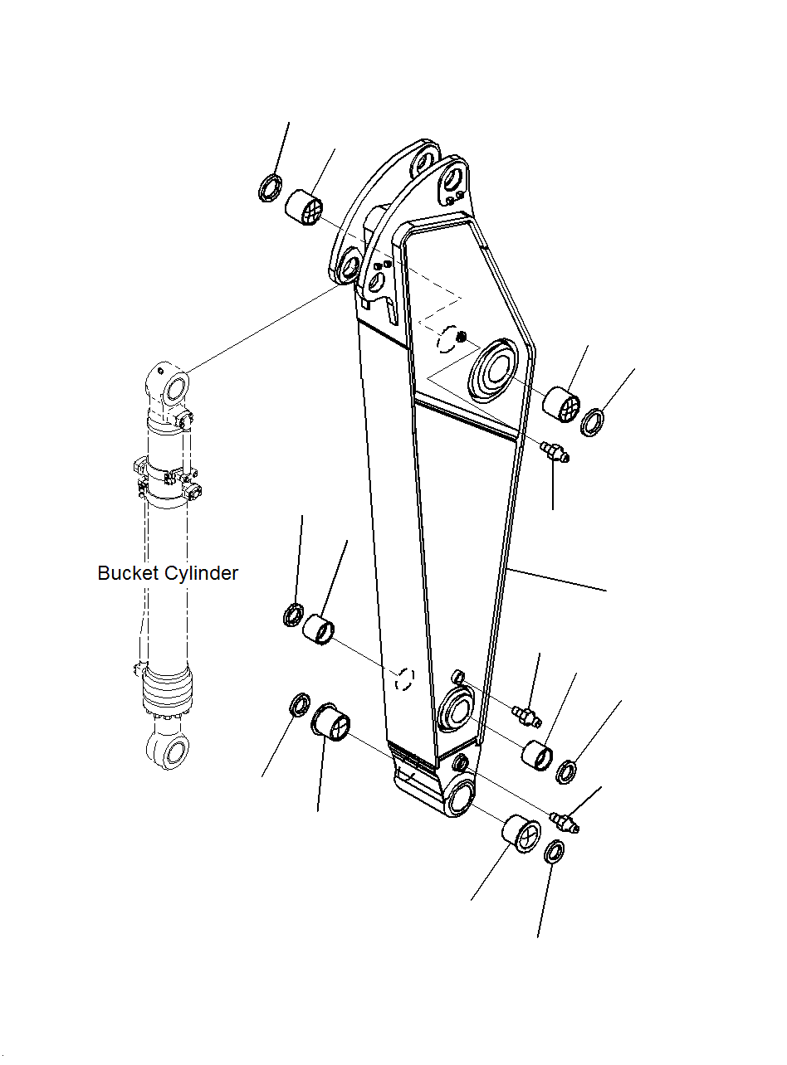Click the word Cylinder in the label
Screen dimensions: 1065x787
pyautogui.click(x=201, y=574)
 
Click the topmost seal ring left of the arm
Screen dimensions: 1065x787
pyautogui.click(x=270, y=188)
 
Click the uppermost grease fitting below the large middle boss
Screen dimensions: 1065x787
pyautogui.click(x=553, y=454)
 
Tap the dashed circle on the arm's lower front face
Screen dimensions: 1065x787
pyautogui.click(x=403, y=678)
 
